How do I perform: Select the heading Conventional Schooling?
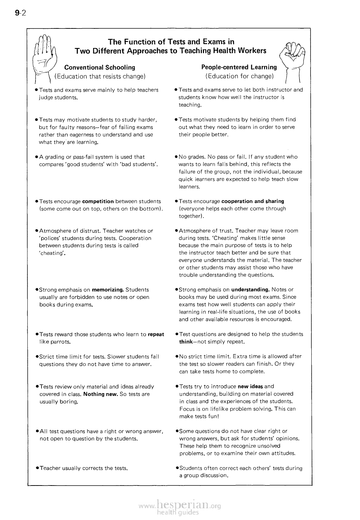point(100,67)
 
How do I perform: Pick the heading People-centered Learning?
point(239,67)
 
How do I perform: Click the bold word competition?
point(98,201)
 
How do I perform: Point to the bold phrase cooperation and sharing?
point(252,201)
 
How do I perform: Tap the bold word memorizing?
point(108,290)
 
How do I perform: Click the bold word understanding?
point(251,290)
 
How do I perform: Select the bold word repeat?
point(156,334)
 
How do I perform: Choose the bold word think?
point(186,342)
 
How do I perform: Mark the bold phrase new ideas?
point(250,386)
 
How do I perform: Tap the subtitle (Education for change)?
point(239,76)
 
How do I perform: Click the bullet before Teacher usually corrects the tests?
point(37,468)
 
